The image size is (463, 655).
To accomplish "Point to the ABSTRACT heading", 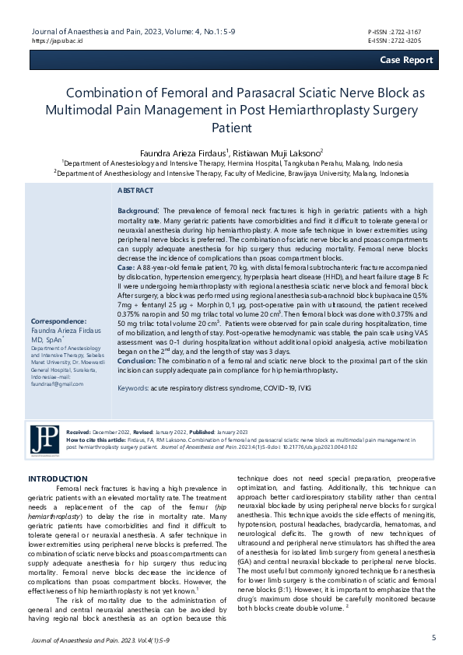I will coord(135,191).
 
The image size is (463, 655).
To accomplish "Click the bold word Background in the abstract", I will coord(138,211).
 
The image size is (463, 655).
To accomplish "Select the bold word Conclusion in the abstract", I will coord(139,361).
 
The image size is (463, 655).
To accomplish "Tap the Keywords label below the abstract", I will coord(133,387).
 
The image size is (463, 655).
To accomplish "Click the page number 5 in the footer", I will coord(433,638).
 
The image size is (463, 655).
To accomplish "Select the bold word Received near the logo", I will coord(79,430).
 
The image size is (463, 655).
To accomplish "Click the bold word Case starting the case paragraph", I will coord(125,268).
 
